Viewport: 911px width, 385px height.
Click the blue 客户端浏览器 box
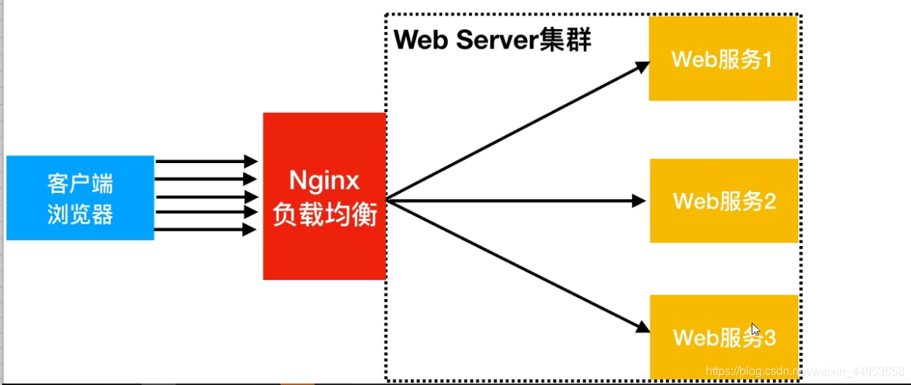point(80,197)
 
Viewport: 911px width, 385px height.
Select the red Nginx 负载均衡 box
point(324,197)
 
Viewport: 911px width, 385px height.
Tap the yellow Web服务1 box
point(723,59)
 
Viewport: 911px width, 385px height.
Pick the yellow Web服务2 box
point(724,200)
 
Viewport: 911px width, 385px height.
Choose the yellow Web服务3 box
point(724,337)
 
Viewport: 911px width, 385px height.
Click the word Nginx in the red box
point(324,180)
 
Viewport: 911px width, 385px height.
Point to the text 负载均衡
point(324,215)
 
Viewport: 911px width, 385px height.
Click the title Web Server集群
point(493,40)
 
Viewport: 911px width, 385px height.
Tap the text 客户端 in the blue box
point(80,182)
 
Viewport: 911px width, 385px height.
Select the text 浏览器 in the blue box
point(80,214)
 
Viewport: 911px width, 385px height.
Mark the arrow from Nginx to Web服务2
point(516,200)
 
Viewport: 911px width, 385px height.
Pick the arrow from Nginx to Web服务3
point(516,264)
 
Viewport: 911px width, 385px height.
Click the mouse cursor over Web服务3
point(755,329)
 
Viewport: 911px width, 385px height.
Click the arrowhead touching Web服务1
point(642,67)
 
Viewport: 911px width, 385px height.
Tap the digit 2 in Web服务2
point(768,201)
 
